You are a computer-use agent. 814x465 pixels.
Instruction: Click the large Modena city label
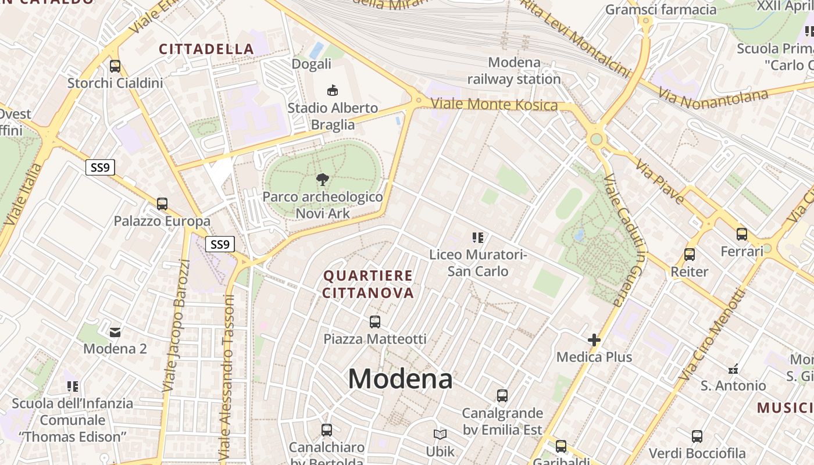[x=400, y=379]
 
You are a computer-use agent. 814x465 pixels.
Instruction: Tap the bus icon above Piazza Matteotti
[x=375, y=321]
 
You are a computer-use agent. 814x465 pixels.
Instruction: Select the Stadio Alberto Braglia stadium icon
[x=333, y=90]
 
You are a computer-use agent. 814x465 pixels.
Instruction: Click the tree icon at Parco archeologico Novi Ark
[x=323, y=179]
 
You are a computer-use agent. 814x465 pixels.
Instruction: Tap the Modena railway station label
[x=514, y=71]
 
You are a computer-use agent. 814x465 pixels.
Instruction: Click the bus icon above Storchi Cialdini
[x=115, y=66]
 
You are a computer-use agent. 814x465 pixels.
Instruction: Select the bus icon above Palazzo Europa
[x=162, y=204]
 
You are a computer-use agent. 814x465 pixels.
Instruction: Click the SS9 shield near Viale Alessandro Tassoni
[x=220, y=244]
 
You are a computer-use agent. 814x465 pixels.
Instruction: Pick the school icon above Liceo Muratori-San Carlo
[x=478, y=237]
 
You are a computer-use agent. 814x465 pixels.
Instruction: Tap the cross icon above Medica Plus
[x=594, y=339]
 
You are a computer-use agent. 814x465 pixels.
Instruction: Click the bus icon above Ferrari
[x=742, y=234]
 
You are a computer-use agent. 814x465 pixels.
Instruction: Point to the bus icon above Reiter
[x=690, y=254]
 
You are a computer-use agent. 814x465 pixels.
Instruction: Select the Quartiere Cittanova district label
[x=368, y=284]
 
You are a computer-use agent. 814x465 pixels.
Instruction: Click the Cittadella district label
[x=206, y=49]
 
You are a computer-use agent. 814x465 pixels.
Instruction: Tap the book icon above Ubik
[x=440, y=434]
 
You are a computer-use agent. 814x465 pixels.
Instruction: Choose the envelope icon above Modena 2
[x=115, y=332]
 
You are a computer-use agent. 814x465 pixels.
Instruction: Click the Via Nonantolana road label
[x=713, y=98]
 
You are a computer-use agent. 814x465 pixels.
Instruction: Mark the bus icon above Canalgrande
[x=502, y=396]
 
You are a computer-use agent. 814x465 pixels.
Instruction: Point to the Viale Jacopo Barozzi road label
[x=177, y=325]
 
